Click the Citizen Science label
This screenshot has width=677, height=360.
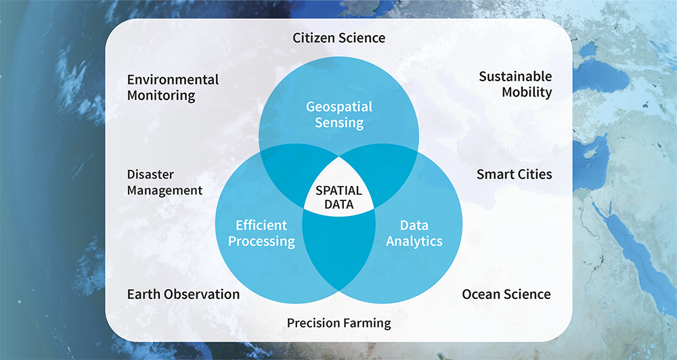click(339, 38)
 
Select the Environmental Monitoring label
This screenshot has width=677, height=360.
click(173, 87)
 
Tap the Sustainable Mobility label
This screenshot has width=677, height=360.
click(515, 84)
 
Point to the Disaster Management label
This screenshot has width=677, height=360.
click(165, 182)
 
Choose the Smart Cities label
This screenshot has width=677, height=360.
click(515, 175)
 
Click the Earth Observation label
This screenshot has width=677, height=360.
click(183, 294)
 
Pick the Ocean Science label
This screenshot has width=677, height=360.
click(506, 294)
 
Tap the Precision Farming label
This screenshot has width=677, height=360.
click(339, 323)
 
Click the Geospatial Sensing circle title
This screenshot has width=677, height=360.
click(339, 114)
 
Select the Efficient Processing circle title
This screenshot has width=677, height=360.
click(261, 233)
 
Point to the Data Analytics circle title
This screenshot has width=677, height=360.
click(414, 233)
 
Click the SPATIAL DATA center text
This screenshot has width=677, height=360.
click(339, 198)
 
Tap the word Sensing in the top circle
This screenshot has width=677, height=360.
click(339, 123)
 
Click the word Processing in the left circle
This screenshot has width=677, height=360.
click(261, 242)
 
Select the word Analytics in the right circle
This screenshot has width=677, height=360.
click(414, 242)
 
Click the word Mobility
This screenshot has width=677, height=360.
click(527, 93)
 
